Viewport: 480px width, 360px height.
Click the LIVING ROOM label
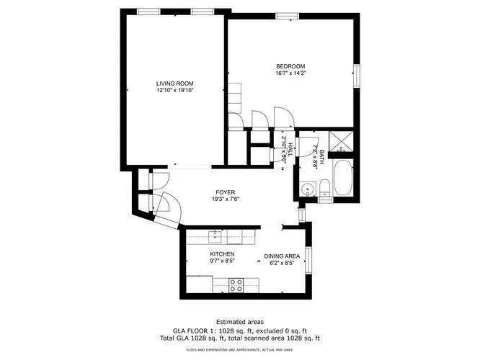(x=175, y=84)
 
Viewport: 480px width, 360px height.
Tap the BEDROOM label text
(x=290, y=66)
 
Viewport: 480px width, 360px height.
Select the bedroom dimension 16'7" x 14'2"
(x=290, y=73)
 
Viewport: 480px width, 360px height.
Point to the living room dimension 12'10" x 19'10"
(x=175, y=91)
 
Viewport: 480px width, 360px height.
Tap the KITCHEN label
(x=222, y=255)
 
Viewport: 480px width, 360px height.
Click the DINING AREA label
(x=282, y=256)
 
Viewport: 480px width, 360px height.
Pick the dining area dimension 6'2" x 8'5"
(x=282, y=262)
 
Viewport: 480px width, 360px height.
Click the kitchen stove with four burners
(x=236, y=285)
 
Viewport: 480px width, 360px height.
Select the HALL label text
(x=290, y=152)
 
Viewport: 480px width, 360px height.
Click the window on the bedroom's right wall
(x=356, y=76)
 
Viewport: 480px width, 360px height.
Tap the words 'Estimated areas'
(x=240, y=321)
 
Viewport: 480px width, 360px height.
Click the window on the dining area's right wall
(x=308, y=261)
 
